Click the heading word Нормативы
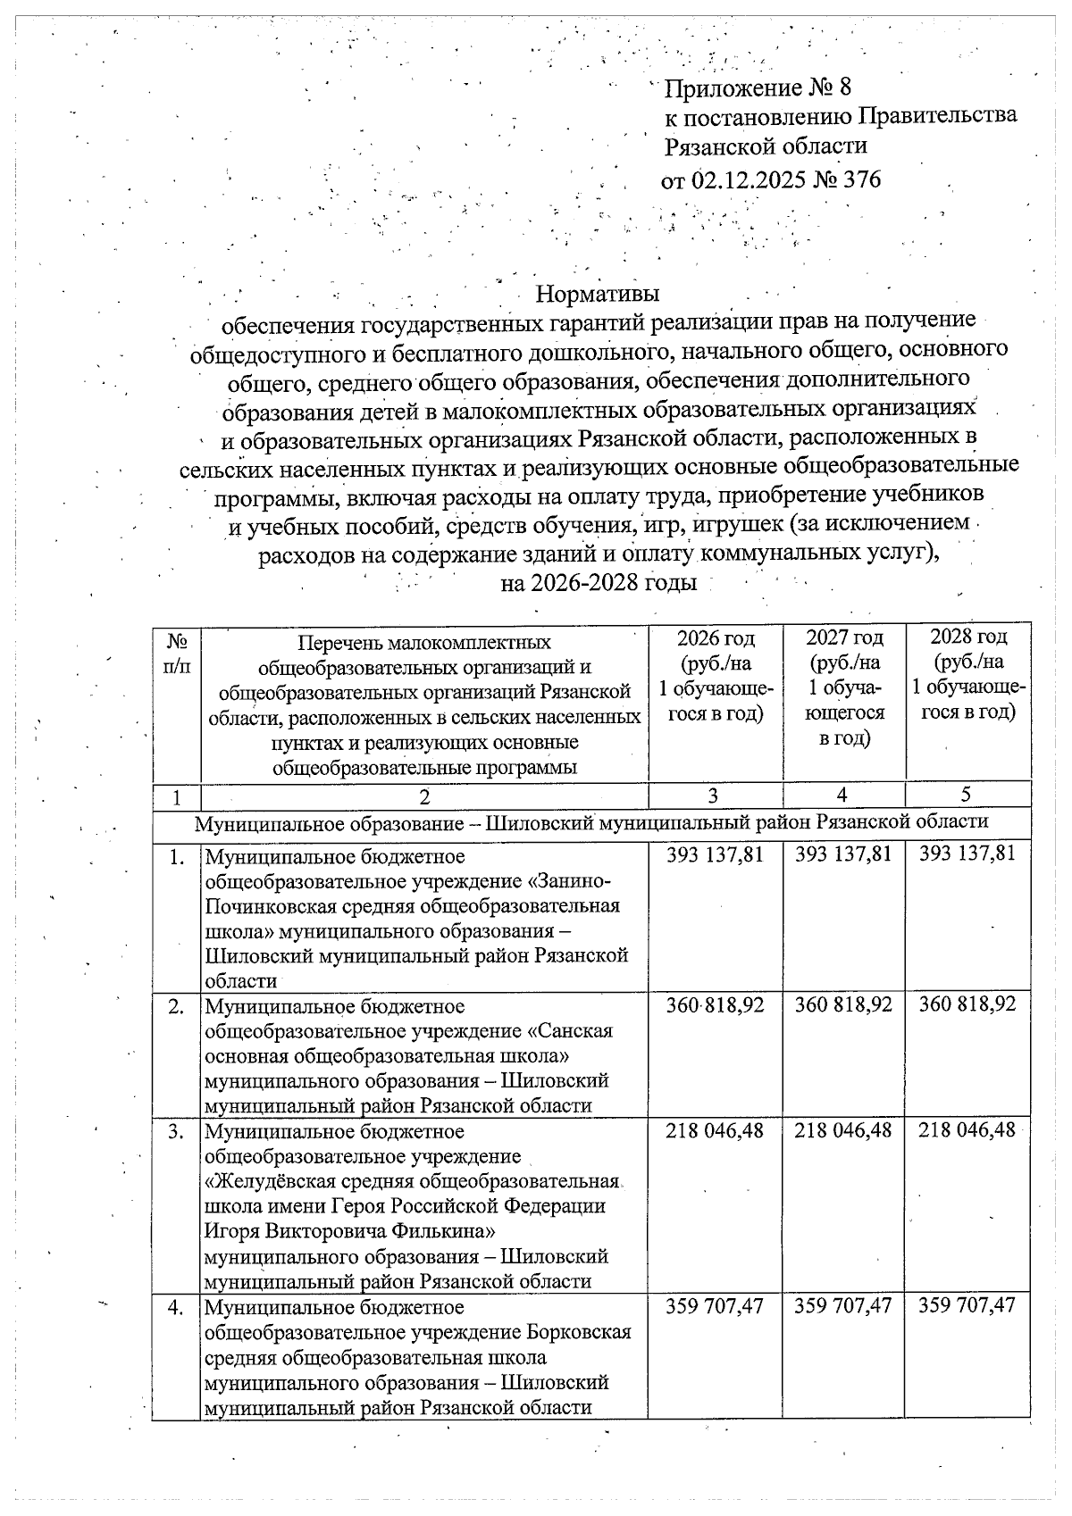pyautogui.click(x=598, y=293)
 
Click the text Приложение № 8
pyautogui.click(x=758, y=87)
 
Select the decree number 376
pyautogui.click(x=861, y=179)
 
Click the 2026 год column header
pyautogui.click(x=715, y=638)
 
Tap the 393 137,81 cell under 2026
pyautogui.click(x=715, y=854)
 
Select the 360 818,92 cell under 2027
pyautogui.click(x=843, y=1004)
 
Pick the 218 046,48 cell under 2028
pyautogui.click(x=967, y=1129)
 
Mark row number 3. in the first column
pyautogui.click(x=177, y=1131)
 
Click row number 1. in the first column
pyautogui.click(x=177, y=856)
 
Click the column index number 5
pyautogui.click(x=967, y=794)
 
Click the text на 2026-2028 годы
pyautogui.click(x=598, y=583)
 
